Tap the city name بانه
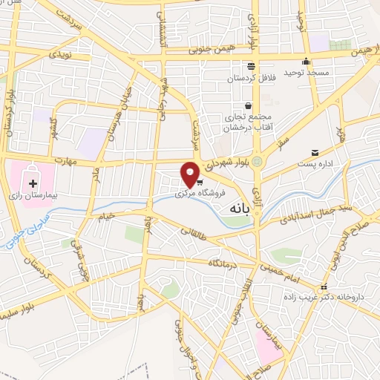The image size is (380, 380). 232,209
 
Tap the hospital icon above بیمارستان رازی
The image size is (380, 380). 33,183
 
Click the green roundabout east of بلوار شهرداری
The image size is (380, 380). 257,162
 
